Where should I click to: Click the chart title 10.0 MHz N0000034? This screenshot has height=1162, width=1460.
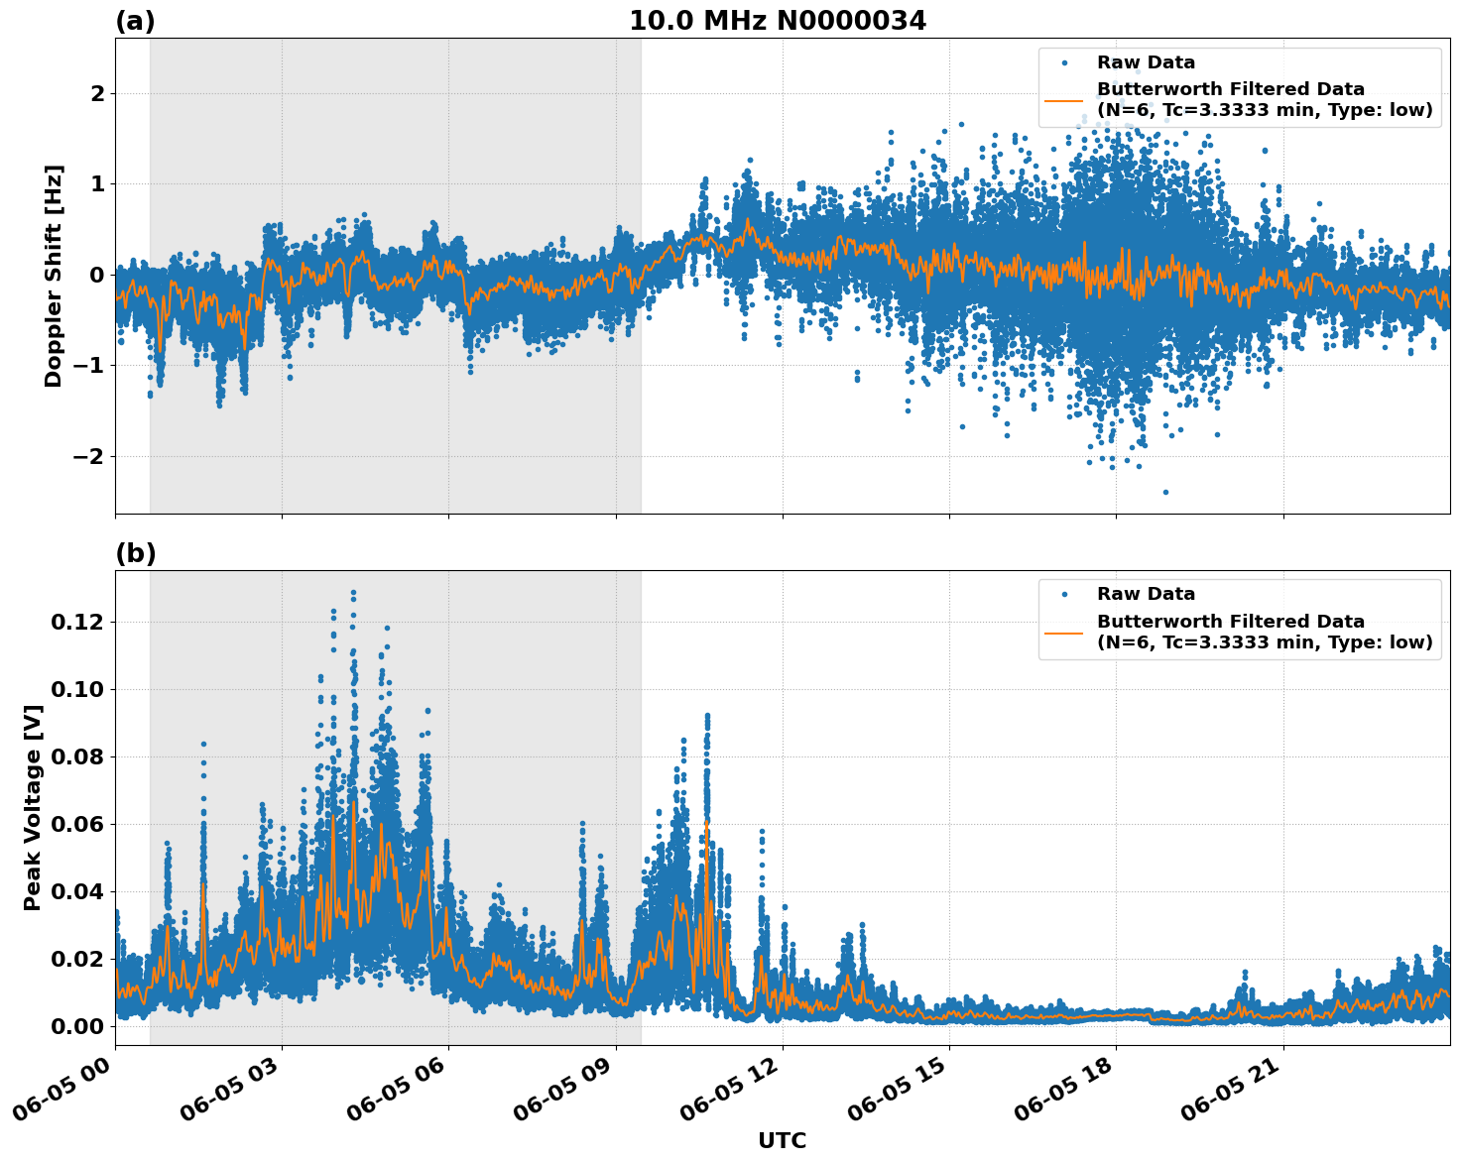[777, 21]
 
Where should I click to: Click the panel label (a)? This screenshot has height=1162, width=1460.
[135, 21]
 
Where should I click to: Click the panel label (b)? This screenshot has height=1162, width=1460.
[135, 553]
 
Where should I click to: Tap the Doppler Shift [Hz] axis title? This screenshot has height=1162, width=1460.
[54, 276]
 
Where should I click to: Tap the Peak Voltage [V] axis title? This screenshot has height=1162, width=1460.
[33, 807]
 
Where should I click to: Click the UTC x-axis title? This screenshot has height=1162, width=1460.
[782, 1140]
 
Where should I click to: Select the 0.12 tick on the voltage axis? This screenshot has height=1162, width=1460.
[77, 623]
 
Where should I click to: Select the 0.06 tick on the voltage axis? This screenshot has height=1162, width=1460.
[77, 824]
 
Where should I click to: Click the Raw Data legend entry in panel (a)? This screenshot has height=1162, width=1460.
[1146, 62]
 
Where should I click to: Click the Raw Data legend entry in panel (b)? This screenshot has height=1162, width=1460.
[1146, 594]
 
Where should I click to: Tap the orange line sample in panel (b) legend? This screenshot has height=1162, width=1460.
[1064, 632]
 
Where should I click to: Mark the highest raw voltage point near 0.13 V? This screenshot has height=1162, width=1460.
[353, 592]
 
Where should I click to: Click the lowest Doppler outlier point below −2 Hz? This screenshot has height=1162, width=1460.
[1165, 492]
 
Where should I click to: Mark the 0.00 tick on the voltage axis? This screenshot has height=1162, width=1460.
[77, 1026]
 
